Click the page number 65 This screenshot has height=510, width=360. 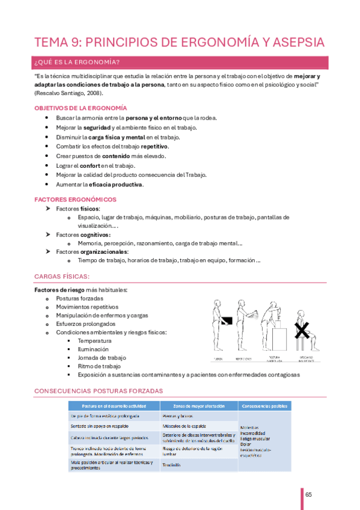point(308,494)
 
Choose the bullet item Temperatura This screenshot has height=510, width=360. point(94,340)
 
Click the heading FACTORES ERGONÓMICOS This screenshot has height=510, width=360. point(75,199)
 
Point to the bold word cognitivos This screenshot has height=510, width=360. point(96,234)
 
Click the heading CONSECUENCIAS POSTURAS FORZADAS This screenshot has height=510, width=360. point(99,391)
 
